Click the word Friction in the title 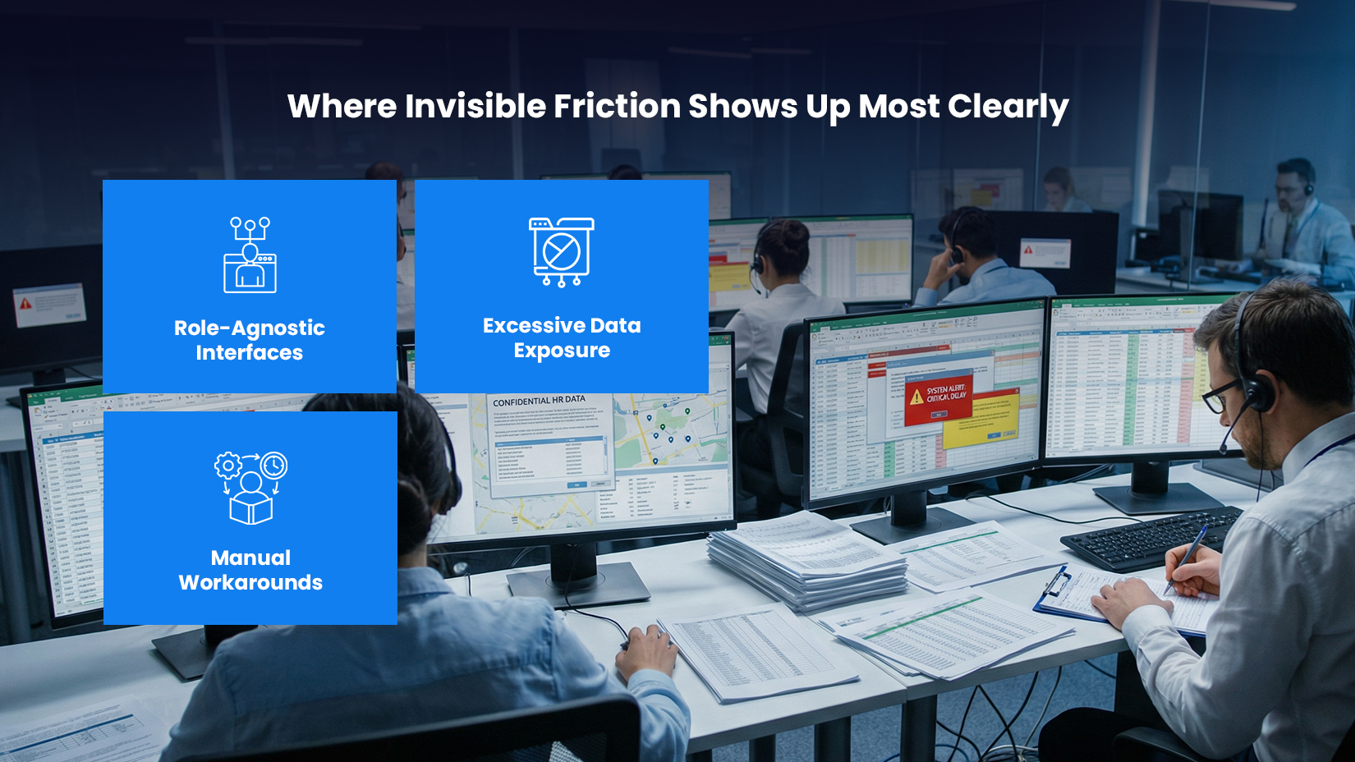coord(617,106)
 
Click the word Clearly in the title coord(1008,108)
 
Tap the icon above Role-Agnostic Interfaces coord(250,255)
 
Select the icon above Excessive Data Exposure coord(562,251)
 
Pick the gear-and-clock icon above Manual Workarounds coord(250,487)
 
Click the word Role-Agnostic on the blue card coord(250,328)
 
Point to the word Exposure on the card coord(562,351)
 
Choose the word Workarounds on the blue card coord(250,582)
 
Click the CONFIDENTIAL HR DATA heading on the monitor coord(539,401)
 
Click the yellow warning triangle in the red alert coord(916,397)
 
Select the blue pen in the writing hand coord(1187,558)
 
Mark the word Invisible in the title coord(475,106)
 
